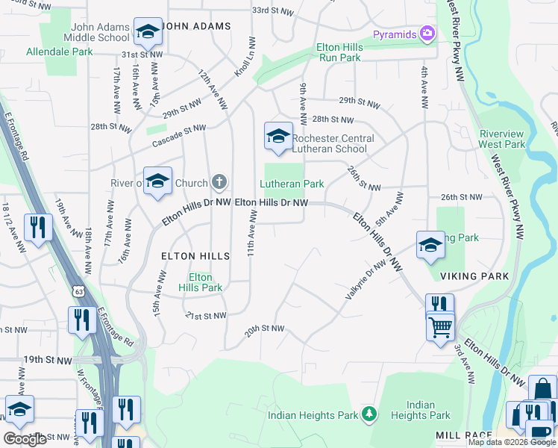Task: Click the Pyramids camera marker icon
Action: pos(427,34)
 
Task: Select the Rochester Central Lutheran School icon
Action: pos(278,137)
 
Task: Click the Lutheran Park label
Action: pos(292,184)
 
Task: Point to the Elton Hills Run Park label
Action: pos(339,52)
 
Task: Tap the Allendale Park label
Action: pos(60,52)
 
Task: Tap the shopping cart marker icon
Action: pos(441,326)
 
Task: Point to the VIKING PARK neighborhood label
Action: pos(474,276)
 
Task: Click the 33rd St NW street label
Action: pos(270,11)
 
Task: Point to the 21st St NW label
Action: pos(204,316)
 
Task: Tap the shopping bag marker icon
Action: pos(542,388)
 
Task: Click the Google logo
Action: pos(25,439)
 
